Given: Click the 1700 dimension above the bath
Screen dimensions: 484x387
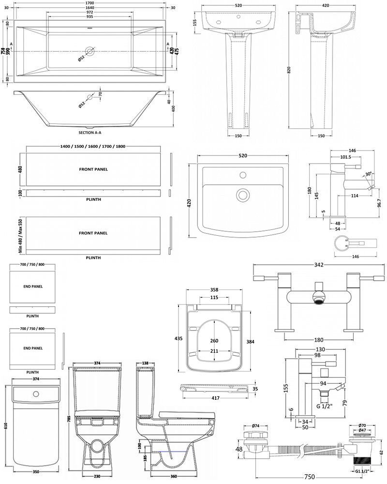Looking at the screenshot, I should click(x=90, y=3).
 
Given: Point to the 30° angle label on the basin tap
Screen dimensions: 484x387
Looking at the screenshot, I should click(x=369, y=174).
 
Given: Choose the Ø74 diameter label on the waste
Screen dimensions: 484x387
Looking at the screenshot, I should click(x=254, y=426).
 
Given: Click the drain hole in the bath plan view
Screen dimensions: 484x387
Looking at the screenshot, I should click(x=90, y=51).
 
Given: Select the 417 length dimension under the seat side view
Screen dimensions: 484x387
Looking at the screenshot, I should click(x=216, y=398).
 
